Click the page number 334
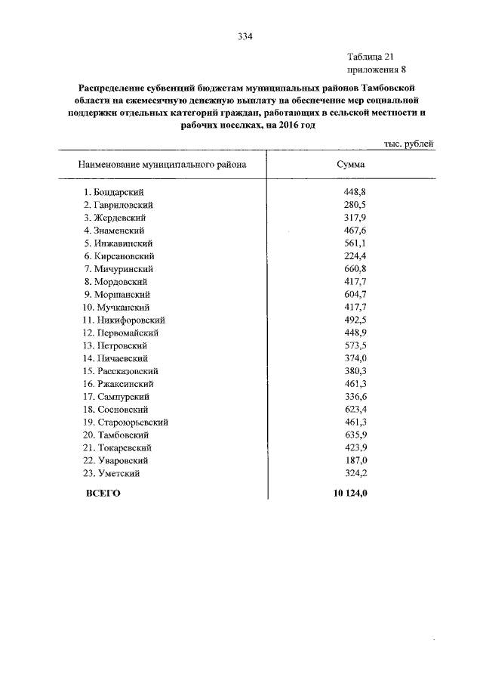tap(244, 35)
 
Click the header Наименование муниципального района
tap(162, 163)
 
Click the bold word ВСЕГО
tap(103, 494)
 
